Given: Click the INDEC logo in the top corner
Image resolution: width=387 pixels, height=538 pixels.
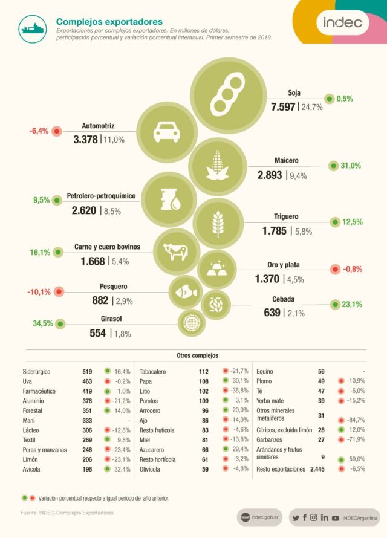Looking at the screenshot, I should tap(342, 23).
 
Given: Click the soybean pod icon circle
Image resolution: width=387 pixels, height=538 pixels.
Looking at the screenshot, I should tap(230, 91).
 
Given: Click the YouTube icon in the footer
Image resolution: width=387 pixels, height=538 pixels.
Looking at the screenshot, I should tap(335, 517).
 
